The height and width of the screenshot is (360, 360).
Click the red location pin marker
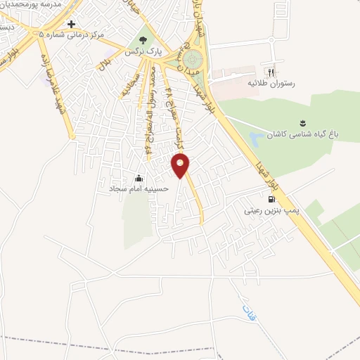point(181,165)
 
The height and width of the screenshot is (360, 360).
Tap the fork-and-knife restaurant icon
point(271,72)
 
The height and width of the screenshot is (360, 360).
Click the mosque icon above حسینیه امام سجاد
point(139,178)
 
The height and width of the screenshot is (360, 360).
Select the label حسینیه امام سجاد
point(137,189)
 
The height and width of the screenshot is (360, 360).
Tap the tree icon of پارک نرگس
point(144,40)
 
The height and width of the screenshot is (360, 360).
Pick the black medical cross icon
point(71,24)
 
